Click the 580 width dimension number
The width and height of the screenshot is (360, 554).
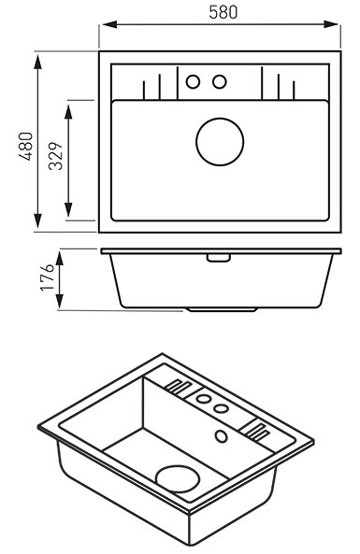[x=223, y=12]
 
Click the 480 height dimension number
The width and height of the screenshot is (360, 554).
[x=26, y=147]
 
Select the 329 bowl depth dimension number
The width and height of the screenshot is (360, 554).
[x=55, y=156]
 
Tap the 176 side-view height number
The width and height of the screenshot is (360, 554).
[x=48, y=277]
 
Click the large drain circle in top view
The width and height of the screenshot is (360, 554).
[x=220, y=142]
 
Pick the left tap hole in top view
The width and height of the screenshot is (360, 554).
[x=193, y=81]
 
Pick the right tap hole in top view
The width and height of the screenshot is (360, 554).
[x=219, y=81]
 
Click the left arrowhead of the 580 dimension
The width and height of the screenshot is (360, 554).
[x=109, y=24]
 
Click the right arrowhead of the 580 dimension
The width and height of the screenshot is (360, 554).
[x=331, y=24]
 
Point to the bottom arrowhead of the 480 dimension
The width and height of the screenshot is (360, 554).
[x=37, y=221]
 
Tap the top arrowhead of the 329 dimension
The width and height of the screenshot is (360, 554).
[x=68, y=111]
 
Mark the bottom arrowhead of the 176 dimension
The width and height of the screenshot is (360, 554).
[x=60, y=301]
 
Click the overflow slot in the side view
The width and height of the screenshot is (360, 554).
[x=219, y=258]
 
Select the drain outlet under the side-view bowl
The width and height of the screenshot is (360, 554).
[x=223, y=309]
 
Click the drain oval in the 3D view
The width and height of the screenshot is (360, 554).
[x=178, y=478]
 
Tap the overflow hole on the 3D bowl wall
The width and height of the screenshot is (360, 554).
[x=222, y=436]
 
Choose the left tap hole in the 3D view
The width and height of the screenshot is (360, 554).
[x=203, y=399]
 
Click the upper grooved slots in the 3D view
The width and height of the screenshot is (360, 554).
[x=179, y=387]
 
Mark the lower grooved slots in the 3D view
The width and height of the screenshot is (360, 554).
[x=256, y=430]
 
